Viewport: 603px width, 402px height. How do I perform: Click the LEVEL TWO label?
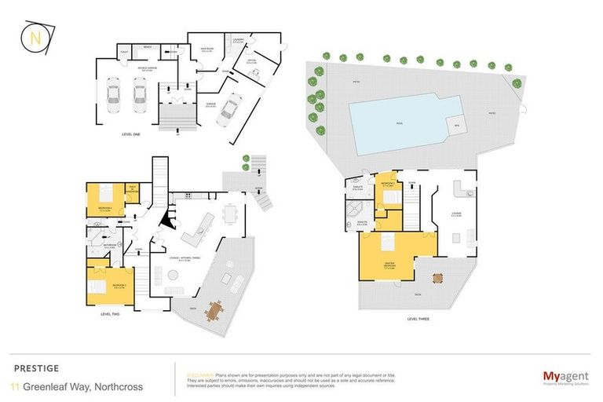point(110,314)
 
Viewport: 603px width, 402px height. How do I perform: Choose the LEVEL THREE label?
point(418,320)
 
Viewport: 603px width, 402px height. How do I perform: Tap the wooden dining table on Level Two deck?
point(213,311)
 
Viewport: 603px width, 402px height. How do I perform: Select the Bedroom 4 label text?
point(106,208)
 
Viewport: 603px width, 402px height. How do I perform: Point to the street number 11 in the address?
point(16,386)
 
